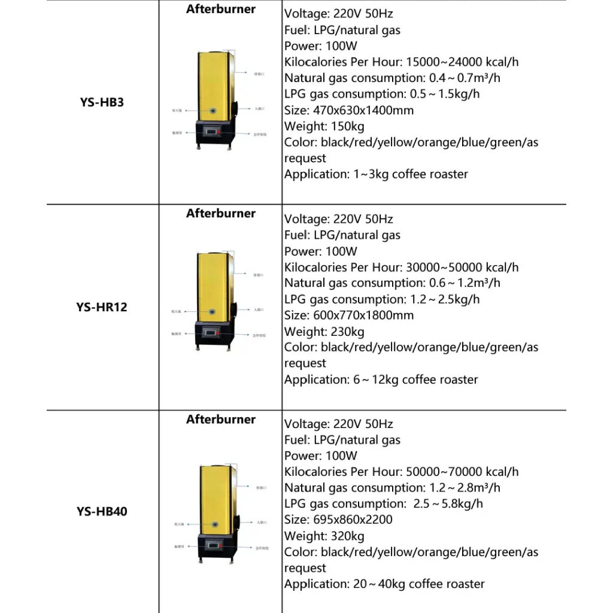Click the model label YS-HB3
coord(102,102)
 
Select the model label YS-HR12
coord(102,307)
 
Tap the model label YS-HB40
coord(102,512)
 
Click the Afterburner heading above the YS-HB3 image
coord(220,9)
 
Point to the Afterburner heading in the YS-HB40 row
coord(220,419)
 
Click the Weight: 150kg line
coord(324,126)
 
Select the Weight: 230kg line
coord(324,332)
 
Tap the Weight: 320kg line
coord(324,536)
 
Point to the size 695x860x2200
coord(353,520)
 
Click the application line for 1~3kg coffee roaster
coord(376,174)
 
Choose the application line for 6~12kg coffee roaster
coord(381,380)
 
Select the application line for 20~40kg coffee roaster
coord(384,584)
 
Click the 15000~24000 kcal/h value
coord(462,62)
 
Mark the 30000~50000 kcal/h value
coord(462,267)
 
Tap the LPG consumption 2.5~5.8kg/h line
coord(384,504)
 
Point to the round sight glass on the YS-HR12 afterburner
coord(213,313)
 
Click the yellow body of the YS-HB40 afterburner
coord(213,491)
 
